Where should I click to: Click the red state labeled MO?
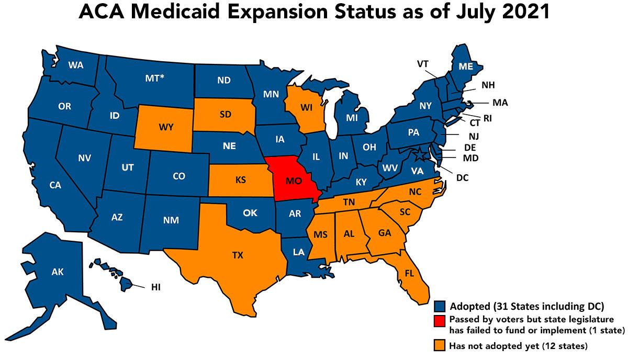point(293,181)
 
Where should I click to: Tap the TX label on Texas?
point(238,255)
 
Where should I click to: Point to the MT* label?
point(154,78)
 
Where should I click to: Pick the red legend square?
point(440,320)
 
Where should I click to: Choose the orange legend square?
point(440,345)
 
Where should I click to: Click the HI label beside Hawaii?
point(155,287)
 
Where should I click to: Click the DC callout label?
point(462,178)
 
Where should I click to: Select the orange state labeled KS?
point(241,181)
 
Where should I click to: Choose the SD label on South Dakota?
point(226,115)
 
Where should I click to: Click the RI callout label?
point(487,118)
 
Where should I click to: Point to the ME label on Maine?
point(466,67)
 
